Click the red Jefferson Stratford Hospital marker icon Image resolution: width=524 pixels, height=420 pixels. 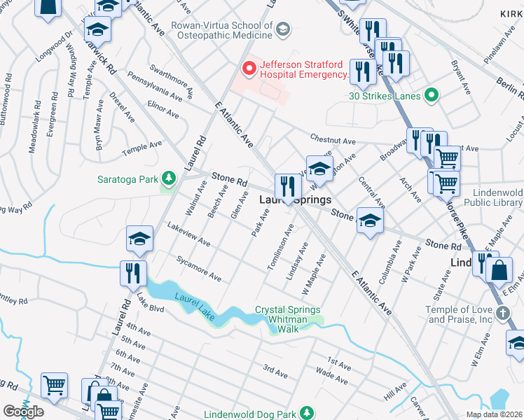(247, 69)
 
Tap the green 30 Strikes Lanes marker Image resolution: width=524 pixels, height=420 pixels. (431, 95)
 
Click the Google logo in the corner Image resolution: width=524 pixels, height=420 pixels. (23, 411)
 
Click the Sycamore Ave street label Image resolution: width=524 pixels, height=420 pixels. (199, 269)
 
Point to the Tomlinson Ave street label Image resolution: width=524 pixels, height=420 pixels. (280, 246)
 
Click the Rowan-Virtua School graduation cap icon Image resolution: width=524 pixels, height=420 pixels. (282, 29)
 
